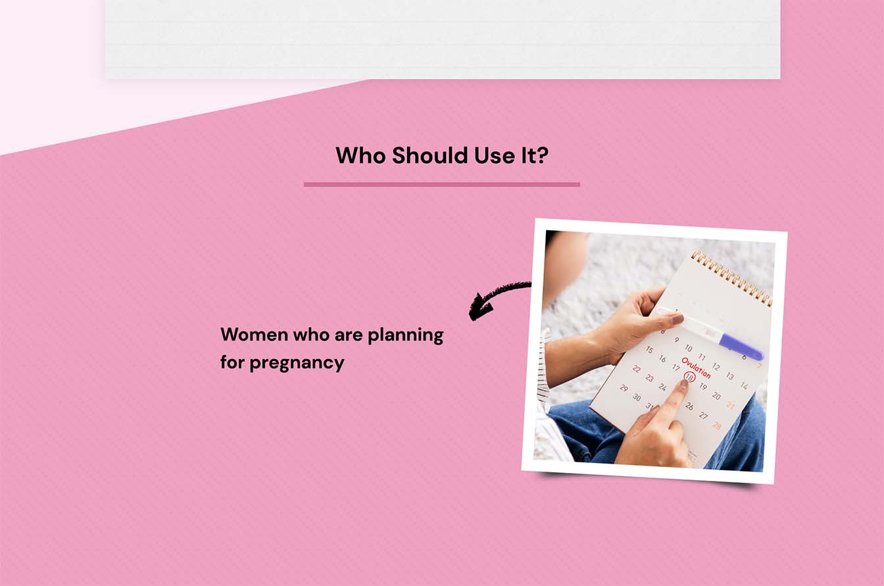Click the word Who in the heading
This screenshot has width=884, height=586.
[360, 155]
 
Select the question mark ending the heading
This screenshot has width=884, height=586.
[543, 155]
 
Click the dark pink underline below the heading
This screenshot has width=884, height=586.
[441, 184]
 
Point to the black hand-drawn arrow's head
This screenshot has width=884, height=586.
[479, 308]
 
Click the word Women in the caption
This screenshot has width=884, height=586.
[254, 335]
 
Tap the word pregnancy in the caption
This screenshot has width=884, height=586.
[297, 363]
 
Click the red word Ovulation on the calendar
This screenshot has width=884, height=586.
[696, 368]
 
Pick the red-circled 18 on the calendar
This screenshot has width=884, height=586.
[689, 377]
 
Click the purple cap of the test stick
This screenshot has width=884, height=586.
[741, 347]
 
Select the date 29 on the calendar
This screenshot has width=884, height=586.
[624, 388]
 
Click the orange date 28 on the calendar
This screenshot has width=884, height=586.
[717, 426]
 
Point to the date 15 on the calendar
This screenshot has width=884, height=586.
[649, 350]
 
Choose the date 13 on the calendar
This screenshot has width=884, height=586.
[730, 376]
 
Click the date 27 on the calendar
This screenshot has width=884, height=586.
[703, 415]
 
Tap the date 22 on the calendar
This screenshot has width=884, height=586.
[636, 369]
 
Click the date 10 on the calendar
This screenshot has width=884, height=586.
[689, 348]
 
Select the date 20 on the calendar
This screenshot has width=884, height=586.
[717, 395]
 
